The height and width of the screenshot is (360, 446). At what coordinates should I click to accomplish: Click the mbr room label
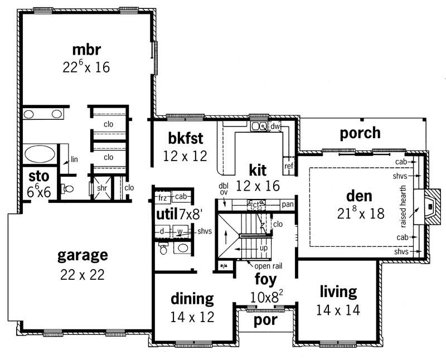pyautogui.click(x=86, y=48)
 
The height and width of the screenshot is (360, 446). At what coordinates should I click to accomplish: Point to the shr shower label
pyautogui.click(x=102, y=188)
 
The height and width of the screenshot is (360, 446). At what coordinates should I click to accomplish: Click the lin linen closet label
pyautogui.click(x=74, y=159)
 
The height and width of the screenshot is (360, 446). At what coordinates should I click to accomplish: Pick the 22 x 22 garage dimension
pyautogui.click(x=83, y=274)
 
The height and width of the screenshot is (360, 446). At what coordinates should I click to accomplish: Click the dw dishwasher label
pyautogui.click(x=275, y=127)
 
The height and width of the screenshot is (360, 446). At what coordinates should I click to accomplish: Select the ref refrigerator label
pyautogui.click(x=289, y=166)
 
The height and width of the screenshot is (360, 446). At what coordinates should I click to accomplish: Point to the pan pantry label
pyautogui.click(x=288, y=205)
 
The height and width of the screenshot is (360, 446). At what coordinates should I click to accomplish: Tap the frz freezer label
pyautogui.click(x=163, y=197)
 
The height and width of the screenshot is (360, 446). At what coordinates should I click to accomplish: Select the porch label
pyautogui.click(x=360, y=133)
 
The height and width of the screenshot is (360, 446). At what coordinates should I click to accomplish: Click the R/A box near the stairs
pyautogui.click(x=224, y=266)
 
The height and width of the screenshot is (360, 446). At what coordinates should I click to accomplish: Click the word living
pyautogui.click(x=338, y=291)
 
